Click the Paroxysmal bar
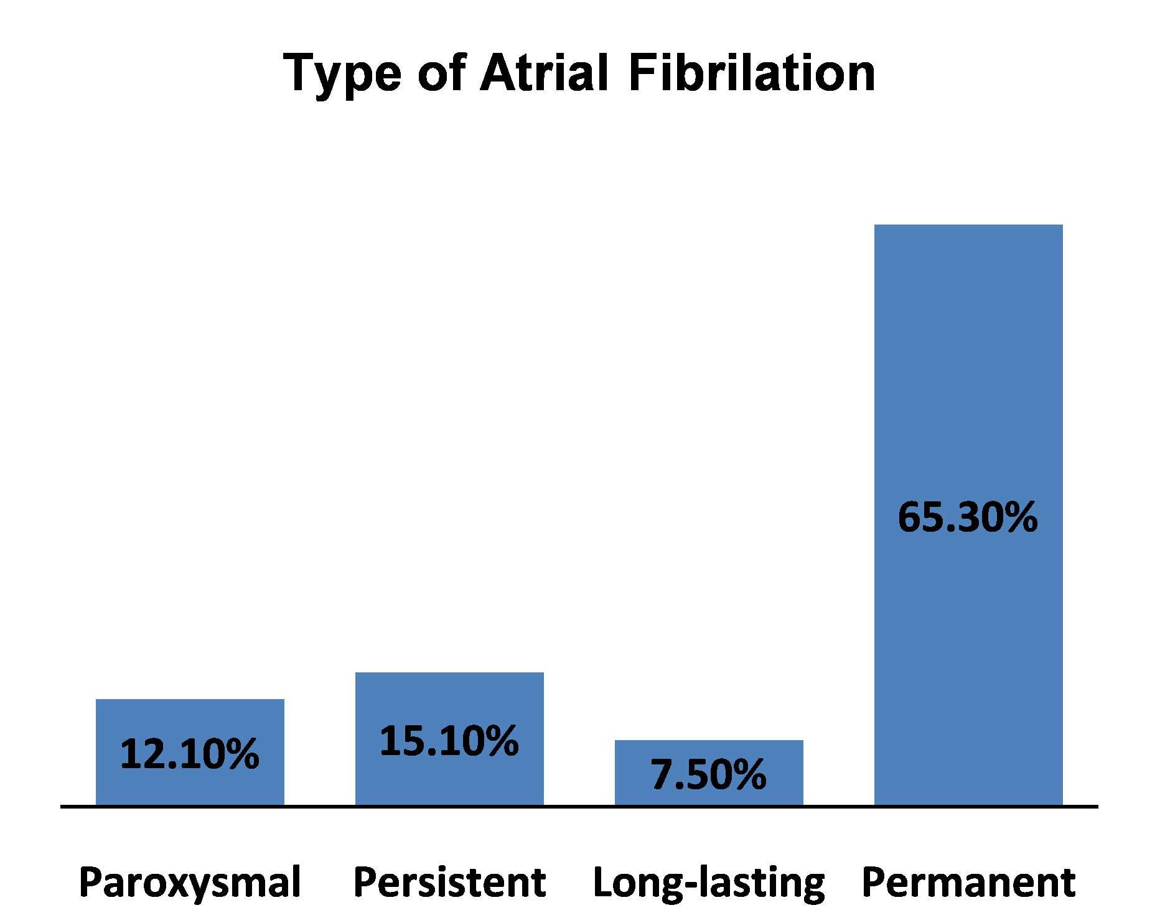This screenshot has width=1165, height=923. (190, 752)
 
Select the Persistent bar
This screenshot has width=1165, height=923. (449, 739)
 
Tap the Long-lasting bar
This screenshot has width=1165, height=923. (709, 772)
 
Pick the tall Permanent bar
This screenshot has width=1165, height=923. (968, 515)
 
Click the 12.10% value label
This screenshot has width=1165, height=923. (189, 754)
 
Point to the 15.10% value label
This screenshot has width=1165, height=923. (449, 741)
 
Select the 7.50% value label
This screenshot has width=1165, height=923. (708, 774)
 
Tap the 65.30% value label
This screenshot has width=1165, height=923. (968, 517)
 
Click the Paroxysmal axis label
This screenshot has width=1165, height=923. (190, 882)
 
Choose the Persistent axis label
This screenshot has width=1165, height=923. (449, 881)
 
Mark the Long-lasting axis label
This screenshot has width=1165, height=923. (709, 882)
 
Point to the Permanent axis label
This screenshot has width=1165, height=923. (968, 881)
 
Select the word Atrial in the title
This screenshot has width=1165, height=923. (543, 72)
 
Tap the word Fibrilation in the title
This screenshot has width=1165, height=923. (752, 72)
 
